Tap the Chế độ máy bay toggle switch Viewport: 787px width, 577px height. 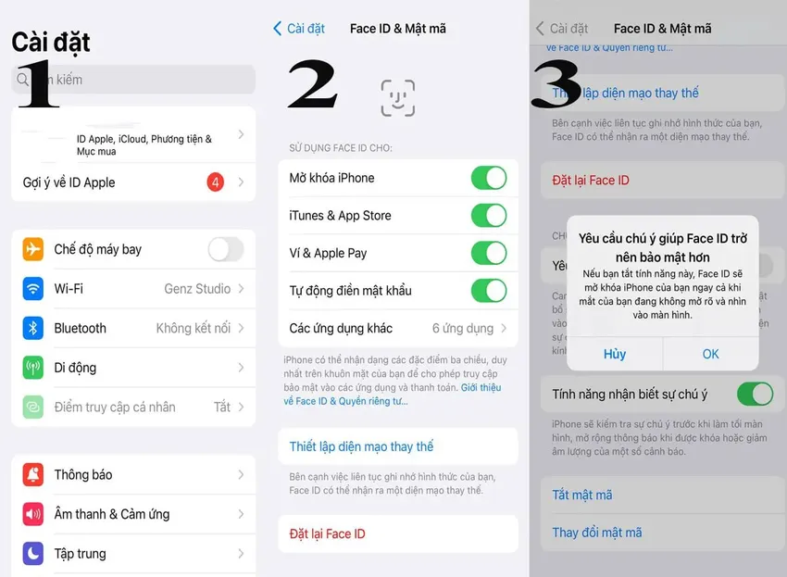click(225, 249)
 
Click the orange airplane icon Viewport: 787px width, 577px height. click(33, 249)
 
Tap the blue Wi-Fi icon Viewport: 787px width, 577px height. click(33, 289)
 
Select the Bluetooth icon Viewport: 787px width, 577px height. click(33, 328)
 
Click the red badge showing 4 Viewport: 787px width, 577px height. click(215, 182)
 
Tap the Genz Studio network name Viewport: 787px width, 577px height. click(197, 289)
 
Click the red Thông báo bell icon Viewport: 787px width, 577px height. click(33, 475)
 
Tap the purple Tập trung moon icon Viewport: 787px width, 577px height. click(33, 554)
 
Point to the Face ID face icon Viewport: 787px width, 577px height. click(398, 97)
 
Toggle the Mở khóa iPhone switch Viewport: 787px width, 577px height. click(488, 178)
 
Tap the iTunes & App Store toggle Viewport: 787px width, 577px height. click(488, 216)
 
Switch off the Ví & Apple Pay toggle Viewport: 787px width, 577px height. click(488, 253)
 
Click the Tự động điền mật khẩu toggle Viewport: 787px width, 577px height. click(488, 291)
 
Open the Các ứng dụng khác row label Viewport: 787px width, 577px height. click(341, 329)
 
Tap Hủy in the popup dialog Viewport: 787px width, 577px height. click(614, 354)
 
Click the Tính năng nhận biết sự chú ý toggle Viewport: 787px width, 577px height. click(755, 395)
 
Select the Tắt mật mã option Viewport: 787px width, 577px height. click(582, 495)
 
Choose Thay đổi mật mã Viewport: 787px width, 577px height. click(597, 533)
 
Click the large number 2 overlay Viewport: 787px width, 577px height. click(312, 85)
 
